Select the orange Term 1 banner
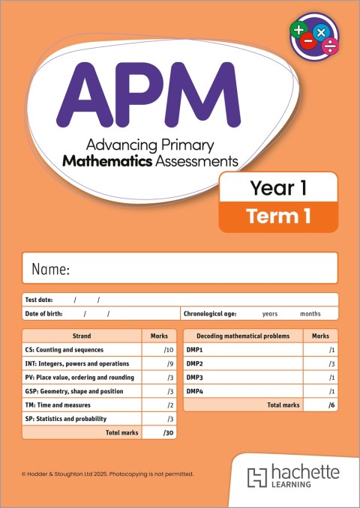click(277, 217)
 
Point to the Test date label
click(39, 300)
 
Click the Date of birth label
click(44, 314)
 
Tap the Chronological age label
click(213, 314)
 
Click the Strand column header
click(82, 336)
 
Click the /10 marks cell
click(168, 350)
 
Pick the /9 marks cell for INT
click(169, 363)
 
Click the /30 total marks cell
click(167, 432)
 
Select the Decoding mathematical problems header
click(244, 336)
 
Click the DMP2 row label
click(196, 363)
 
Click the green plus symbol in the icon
click(298, 31)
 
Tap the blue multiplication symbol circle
click(322, 32)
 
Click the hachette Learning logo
click(294, 477)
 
